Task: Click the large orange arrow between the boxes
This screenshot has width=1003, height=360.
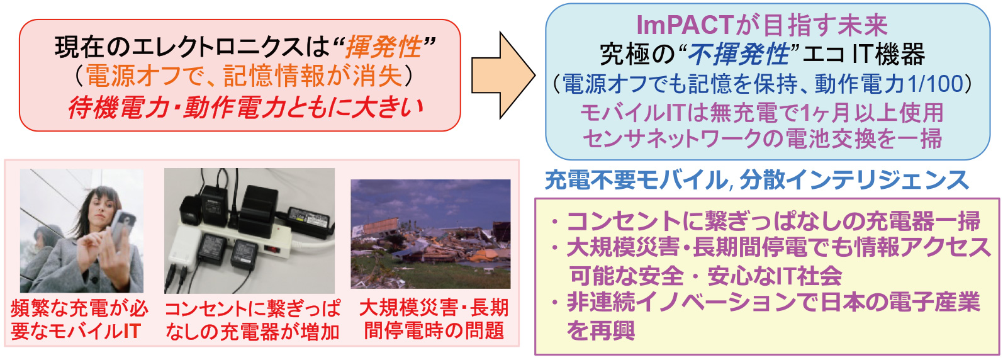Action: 503,75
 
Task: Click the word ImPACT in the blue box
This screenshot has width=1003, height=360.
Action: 685,26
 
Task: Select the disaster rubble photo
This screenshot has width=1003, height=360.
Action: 430,233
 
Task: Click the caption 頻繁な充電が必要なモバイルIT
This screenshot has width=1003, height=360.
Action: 79,320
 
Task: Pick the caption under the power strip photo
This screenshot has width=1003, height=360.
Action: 252,320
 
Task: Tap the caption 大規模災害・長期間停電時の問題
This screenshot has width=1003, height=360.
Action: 434,319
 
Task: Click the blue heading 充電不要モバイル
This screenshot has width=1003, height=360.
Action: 636,180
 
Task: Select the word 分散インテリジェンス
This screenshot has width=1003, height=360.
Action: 855,180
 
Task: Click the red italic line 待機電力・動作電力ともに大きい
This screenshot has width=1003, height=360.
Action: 246,108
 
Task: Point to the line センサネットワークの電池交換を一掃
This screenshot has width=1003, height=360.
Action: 763,139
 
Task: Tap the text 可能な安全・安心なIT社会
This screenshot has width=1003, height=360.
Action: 705,276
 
